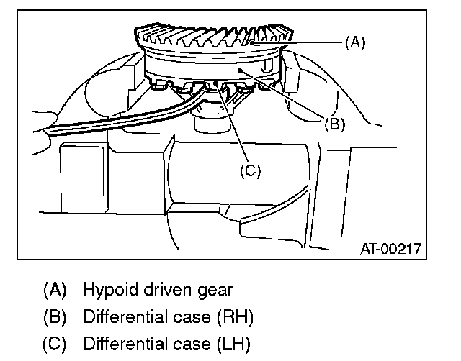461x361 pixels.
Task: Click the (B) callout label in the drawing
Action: tap(334, 123)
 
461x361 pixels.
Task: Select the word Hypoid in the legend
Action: tap(106, 291)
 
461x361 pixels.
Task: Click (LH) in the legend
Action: tap(234, 344)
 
